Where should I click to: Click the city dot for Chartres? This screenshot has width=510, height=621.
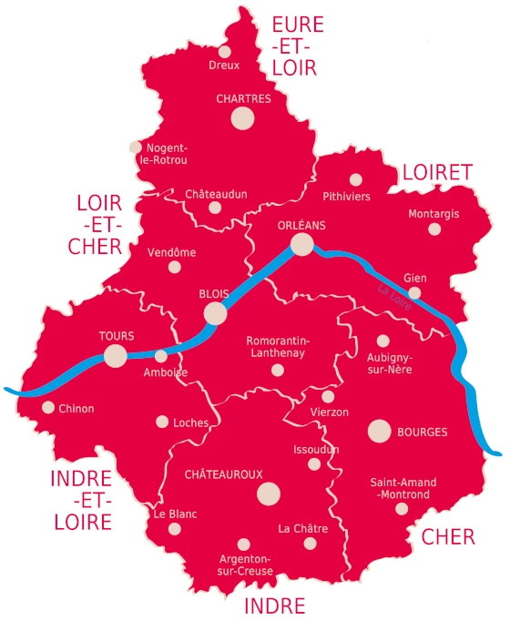[242, 117]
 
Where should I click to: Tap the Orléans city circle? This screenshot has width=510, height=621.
[302, 243]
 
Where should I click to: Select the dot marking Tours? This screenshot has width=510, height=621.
[116, 355]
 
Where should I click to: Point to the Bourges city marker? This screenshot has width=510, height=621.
[379, 432]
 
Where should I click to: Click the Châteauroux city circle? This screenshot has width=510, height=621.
[268, 494]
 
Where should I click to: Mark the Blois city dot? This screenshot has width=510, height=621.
[216, 313]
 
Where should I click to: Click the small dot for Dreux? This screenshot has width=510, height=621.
[224, 51]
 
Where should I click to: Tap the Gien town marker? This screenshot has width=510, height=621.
[414, 293]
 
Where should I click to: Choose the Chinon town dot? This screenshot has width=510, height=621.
[48, 408]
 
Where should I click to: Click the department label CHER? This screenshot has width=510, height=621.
[448, 537]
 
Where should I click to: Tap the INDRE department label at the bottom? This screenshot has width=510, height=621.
[274, 606]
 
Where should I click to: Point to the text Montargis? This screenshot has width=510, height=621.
[434, 214]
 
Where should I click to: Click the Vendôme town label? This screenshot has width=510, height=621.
[171, 252]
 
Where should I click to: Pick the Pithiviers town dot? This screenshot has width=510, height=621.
[356, 180]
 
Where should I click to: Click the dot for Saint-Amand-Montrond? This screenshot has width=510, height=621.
[402, 508]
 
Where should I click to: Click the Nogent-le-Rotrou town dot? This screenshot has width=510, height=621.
[136, 147]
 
